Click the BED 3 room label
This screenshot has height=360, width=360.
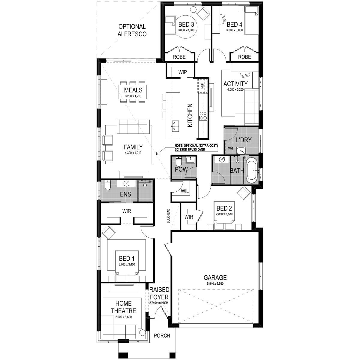(x=186, y=25)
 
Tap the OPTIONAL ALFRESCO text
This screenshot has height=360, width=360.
(x=132, y=30)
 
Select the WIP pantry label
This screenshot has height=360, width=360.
(x=182, y=72)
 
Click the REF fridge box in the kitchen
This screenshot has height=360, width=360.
(x=202, y=85)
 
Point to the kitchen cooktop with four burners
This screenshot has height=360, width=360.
(x=203, y=115)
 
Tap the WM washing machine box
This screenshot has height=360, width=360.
(x=230, y=148)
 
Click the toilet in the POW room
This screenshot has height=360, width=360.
(x=178, y=161)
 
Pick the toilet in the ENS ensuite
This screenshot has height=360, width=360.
(x=108, y=185)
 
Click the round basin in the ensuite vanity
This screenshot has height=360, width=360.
(x=127, y=183)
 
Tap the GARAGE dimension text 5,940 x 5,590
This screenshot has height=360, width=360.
(x=215, y=283)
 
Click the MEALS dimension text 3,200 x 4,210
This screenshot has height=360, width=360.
(x=133, y=96)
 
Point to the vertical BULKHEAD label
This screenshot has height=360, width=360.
(x=168, y=216)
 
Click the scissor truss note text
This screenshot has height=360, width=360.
(x=196, y=147)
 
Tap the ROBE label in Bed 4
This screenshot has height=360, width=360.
(x=244, y=57)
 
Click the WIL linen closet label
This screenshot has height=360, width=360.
(x=184, y=191)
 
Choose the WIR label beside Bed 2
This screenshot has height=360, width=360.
(x=189, y=217)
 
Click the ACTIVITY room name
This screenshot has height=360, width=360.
(x=235, y=84)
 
